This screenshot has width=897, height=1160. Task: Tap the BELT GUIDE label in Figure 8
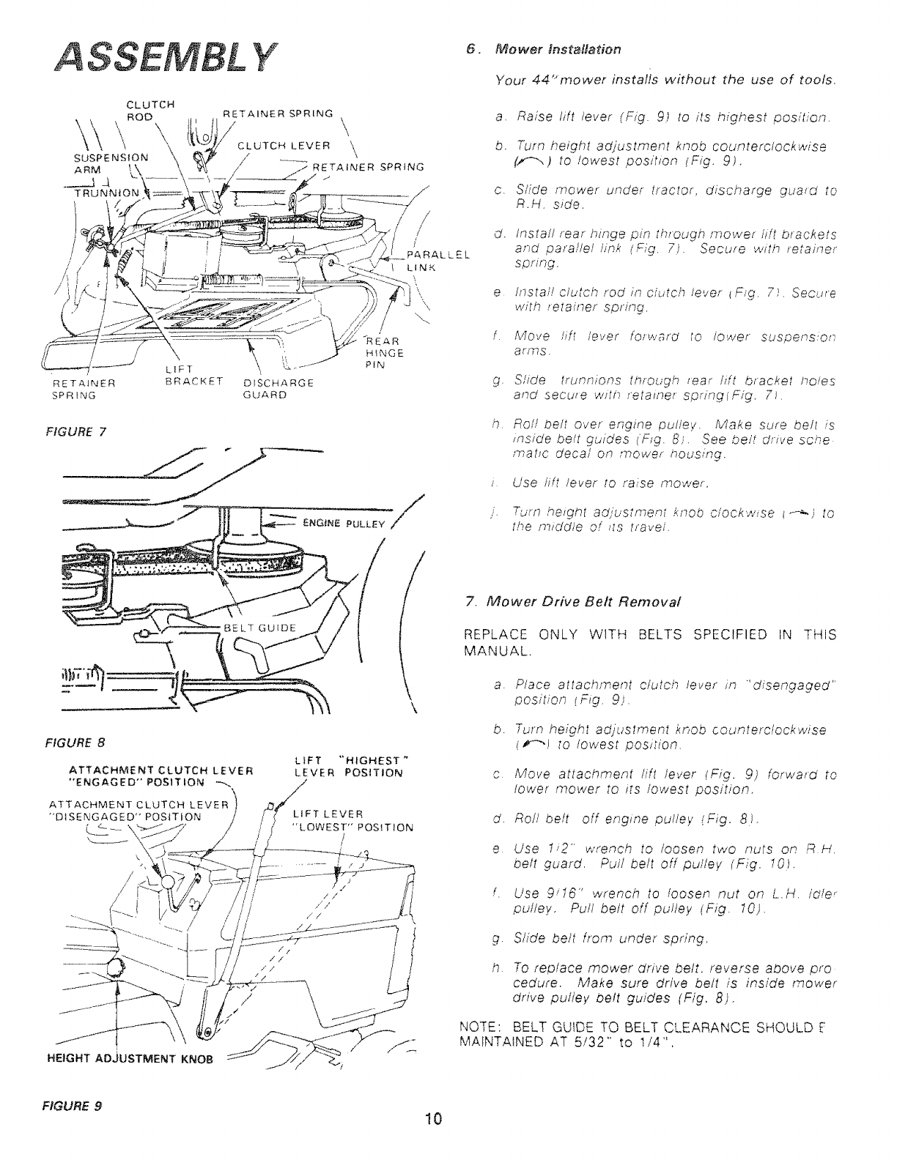pos(261,628)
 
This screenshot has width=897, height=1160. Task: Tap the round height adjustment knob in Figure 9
pos(115,969)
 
